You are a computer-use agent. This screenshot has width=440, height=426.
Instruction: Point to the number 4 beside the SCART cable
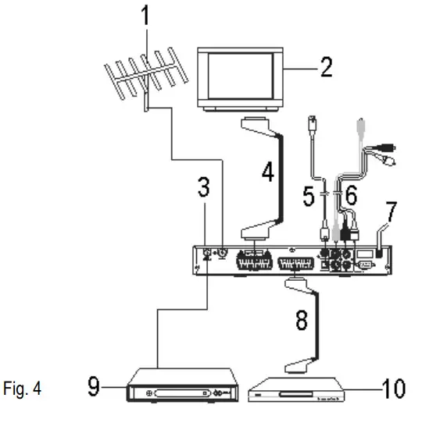(268, 172)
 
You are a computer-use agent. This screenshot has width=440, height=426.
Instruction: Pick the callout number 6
(351, 196)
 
